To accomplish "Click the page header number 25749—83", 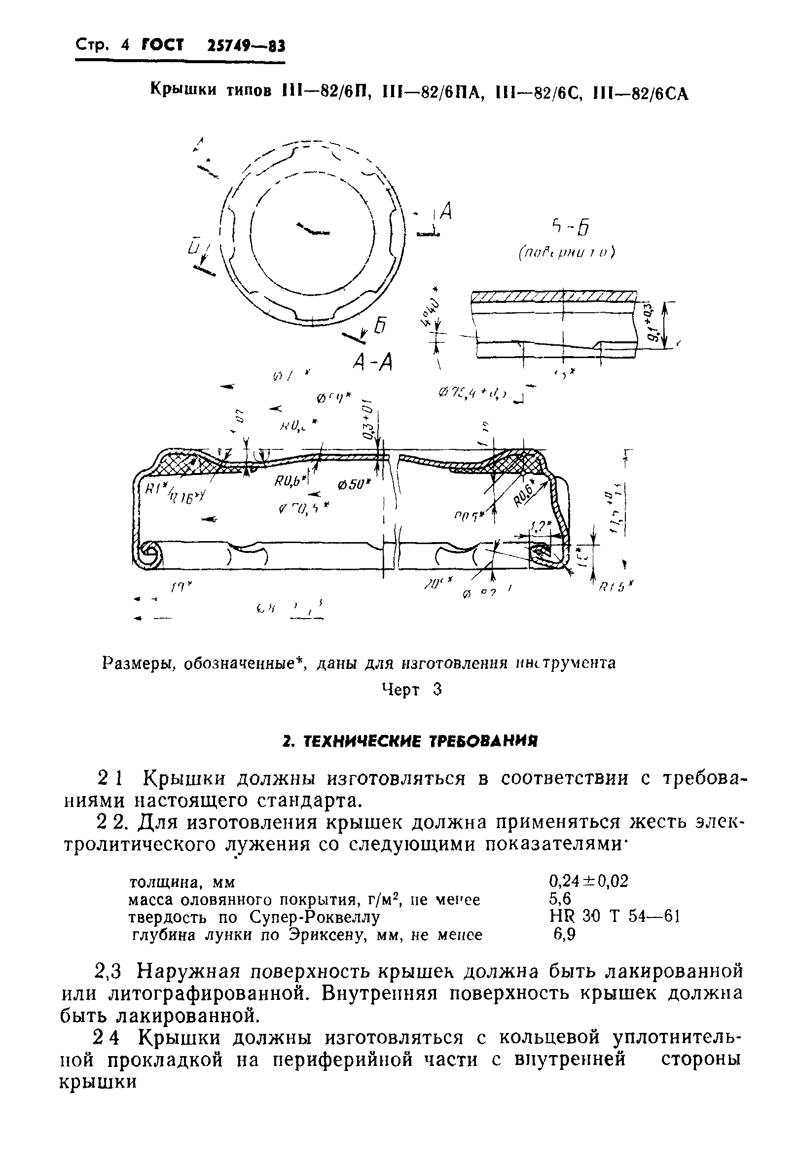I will pos(246,46).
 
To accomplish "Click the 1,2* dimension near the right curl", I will pos(542,526).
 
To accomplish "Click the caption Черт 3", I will pos(411,690).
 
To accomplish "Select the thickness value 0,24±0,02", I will pos(588,881).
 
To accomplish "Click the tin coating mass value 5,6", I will pos(560,898).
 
